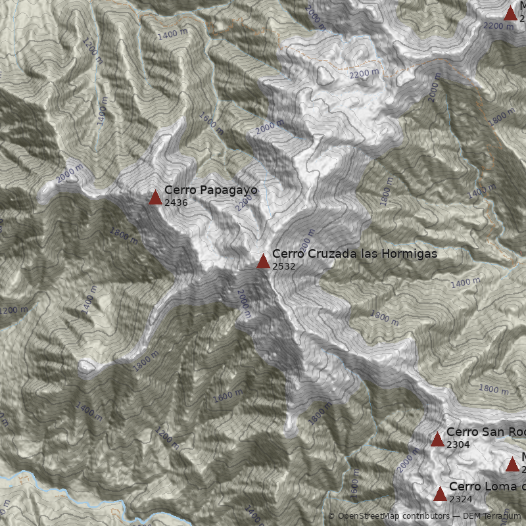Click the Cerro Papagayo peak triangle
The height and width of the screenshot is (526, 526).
[x=155, y=197]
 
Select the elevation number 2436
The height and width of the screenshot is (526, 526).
[x=176, y=203]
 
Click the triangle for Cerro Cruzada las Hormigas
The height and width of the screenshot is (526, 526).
[x=263, y=261]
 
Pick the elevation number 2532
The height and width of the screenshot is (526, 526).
[x=283, y=266]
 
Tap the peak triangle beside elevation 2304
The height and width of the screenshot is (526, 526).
[x=437, y=439]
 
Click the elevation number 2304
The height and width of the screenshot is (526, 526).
[x=458, y=444]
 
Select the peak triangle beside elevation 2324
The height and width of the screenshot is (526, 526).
[x=440, y=494]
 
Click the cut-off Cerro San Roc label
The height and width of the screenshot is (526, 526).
[x=486, y=432]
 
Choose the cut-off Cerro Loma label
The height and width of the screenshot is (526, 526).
[x=487, y=487]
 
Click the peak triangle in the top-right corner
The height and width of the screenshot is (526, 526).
[x=510, y=13]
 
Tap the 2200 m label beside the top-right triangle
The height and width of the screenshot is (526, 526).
[x=498, y=26]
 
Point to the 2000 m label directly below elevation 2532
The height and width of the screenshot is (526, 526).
[x=244, y=304]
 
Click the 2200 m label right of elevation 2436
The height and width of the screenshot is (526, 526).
[x=243, y=203]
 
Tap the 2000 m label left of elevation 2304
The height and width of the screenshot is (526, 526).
[x=408, y=460]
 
